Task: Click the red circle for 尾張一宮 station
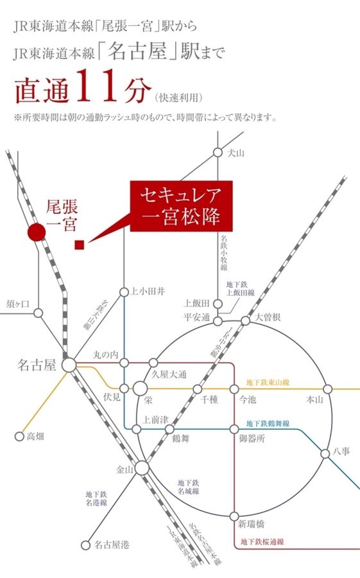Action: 37,232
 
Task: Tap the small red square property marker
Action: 80,244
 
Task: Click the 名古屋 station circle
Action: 69,365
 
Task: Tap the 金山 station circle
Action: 142,468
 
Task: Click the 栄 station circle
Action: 141,389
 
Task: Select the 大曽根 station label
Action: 268,317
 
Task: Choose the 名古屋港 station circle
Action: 85,545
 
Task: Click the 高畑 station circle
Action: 19,436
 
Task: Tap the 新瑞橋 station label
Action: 252,523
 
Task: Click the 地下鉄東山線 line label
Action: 268,383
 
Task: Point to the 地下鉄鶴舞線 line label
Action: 268,424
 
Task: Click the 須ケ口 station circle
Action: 39,313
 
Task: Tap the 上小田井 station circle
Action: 124,292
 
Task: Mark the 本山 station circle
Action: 328,389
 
